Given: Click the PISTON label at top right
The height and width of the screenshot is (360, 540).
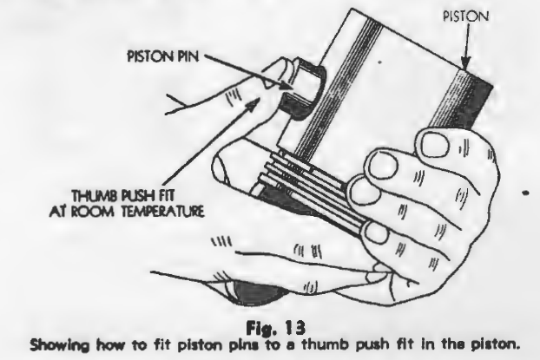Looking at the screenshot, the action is (x=465, y=16).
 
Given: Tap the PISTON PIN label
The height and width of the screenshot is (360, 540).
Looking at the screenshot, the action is (x=163, y=56).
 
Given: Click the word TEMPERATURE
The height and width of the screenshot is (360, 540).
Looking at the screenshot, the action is (x=162, y=211).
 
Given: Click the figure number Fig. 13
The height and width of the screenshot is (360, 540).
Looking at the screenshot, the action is (x=275, y=327).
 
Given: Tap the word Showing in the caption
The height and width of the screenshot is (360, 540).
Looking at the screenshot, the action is (x=60, y=344).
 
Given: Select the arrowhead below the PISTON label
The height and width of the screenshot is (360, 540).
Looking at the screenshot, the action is (x=465, y=63).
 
